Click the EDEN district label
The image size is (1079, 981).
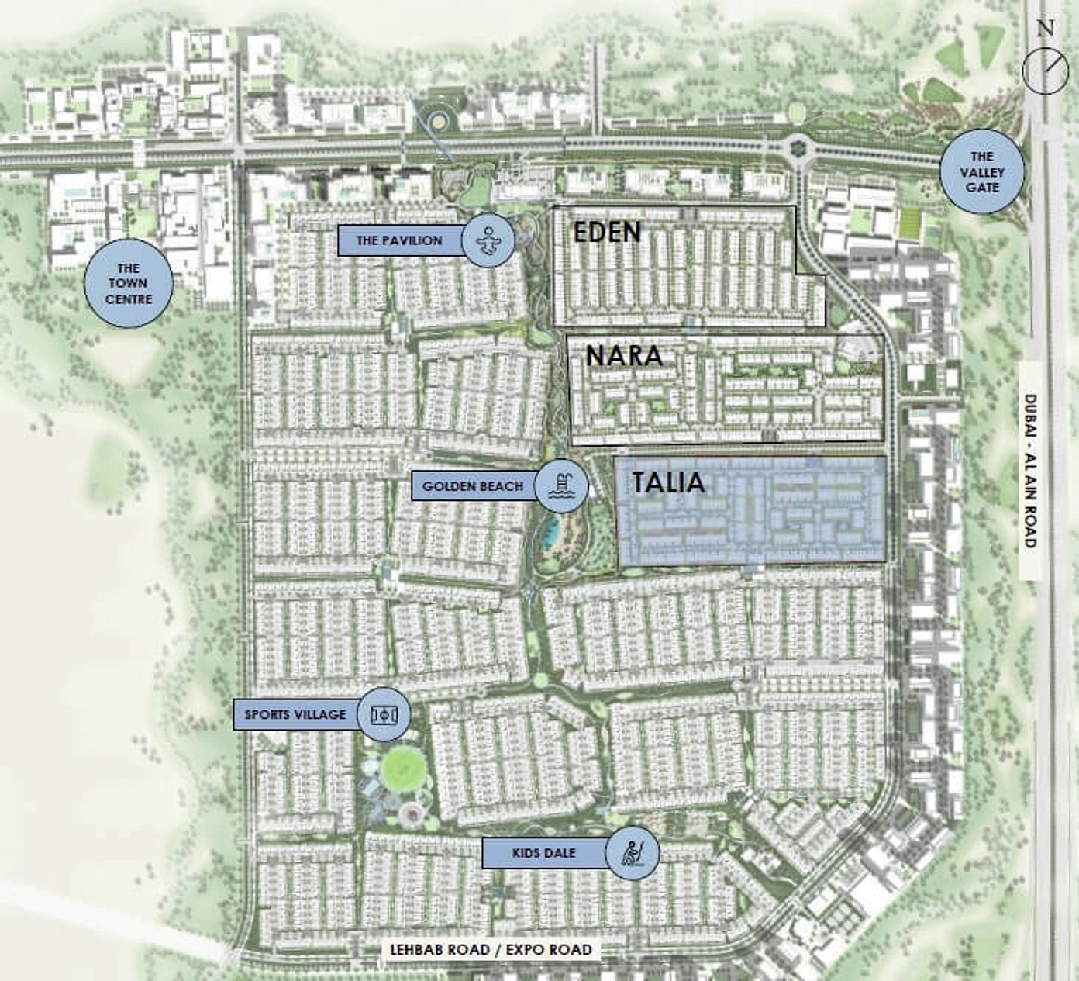tap(607, 231)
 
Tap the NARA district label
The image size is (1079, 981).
tap(624, 355)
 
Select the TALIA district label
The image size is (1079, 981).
tap(667, 482)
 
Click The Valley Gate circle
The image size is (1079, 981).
tap(982, 172)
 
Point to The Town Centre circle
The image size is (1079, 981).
tap(128, 284)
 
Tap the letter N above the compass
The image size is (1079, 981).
tap(1046, 28)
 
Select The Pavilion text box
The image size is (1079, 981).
tap(400, 240)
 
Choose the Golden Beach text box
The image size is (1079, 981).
tap(473, 486)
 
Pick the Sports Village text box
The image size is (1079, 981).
tap(296, 714)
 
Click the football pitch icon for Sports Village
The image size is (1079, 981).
tap(384, 713)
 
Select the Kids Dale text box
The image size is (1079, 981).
tap(544, 853)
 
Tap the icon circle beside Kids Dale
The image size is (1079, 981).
tap(633, 854)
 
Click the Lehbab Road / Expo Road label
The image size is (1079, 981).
tap(491, 949)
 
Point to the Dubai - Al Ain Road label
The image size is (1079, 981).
tap(1030, 471)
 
